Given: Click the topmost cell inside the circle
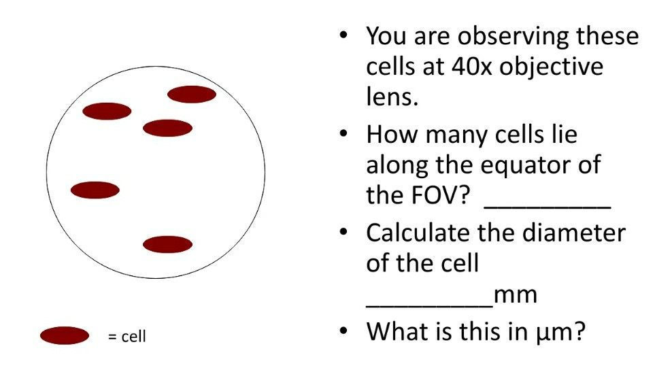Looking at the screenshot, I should (x=191, y=95).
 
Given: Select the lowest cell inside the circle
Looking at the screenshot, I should (x=167, y=244).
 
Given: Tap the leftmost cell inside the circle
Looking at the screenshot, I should (x=95, y=190).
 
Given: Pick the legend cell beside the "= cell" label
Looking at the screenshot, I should (x=65, y=335).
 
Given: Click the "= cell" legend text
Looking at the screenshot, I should (x=127, y=336).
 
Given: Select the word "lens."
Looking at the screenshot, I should (x=391, y=97).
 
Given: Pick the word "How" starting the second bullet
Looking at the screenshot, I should (x=391, y=134).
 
